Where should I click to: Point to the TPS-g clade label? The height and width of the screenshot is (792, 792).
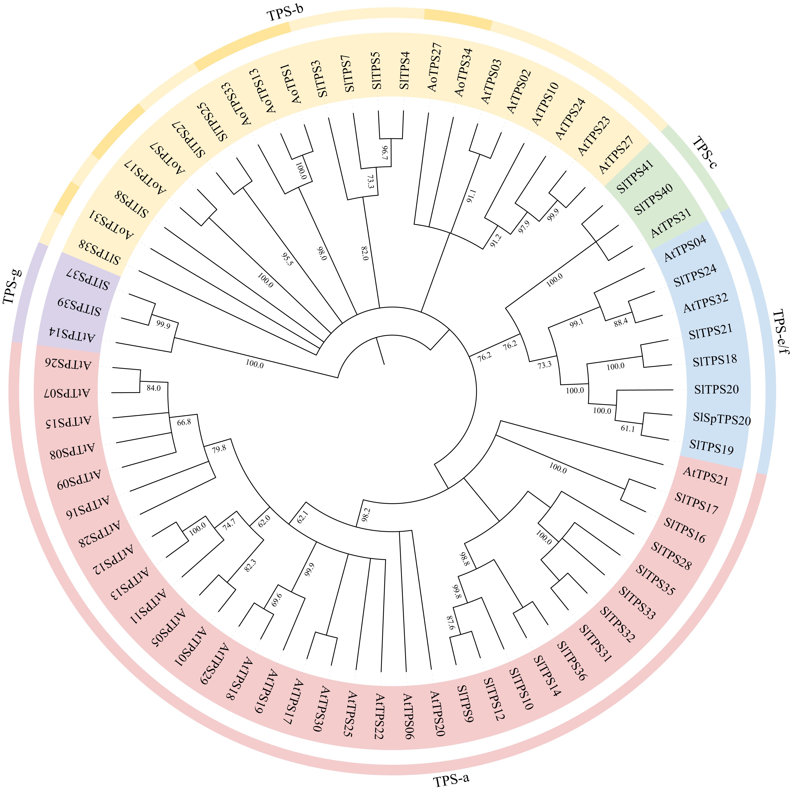click(12, 286)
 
